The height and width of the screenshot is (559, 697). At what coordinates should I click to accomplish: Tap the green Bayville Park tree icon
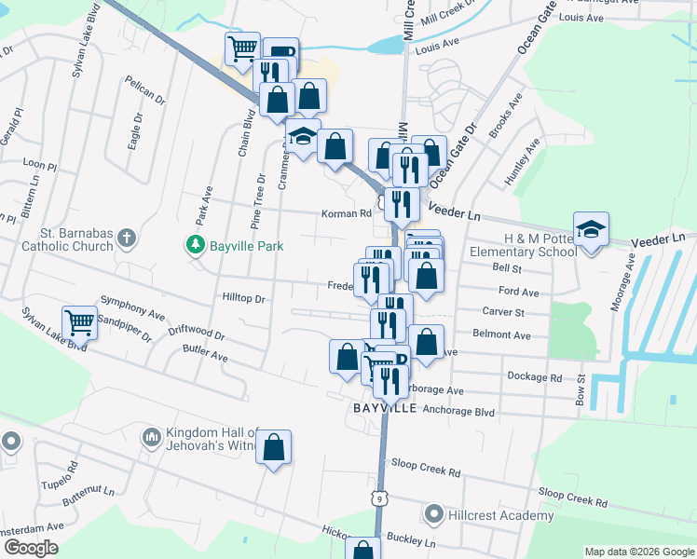click(195, 244)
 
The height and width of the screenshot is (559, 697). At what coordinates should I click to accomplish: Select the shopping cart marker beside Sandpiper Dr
click(79, 322)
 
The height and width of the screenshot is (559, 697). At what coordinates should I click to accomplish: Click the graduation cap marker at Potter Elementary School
click(591, 228)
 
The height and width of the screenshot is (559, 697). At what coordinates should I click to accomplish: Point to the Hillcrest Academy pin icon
click(433, 514)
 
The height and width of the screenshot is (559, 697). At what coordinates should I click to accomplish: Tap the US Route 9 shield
click(378, 498)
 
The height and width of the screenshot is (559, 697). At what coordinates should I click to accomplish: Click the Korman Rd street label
click(346, 213)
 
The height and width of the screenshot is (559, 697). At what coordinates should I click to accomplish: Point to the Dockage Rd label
click(535, 377)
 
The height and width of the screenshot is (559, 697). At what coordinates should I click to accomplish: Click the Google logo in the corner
click(31, 548)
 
